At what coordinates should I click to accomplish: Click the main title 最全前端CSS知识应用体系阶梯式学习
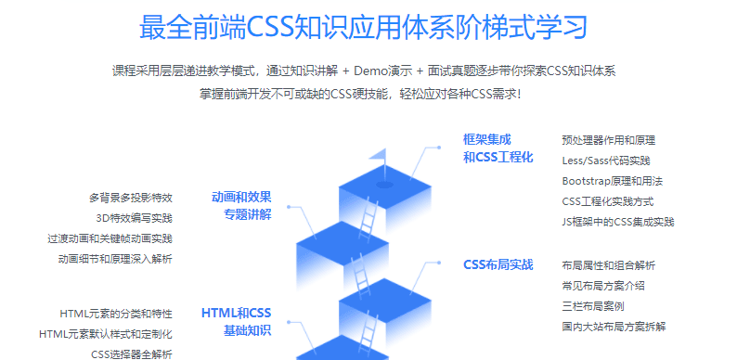click(363, 27)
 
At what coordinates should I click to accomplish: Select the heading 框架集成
click(486, 139)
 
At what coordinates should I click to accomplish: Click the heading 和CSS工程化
click(498, 158)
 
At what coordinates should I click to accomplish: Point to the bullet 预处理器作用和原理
click(608, 140)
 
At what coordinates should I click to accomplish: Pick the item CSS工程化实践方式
click(607, 201)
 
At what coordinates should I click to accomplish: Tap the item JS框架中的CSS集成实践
click(617, 222)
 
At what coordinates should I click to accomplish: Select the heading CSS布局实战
click(498, 264)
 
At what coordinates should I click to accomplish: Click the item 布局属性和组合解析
click(608, 265)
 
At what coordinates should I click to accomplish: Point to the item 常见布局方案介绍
click(602, 286)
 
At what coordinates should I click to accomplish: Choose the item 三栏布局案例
click(592, 306)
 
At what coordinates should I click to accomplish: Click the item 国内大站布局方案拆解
click(614, 327)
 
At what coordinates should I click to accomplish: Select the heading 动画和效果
click(241, 197)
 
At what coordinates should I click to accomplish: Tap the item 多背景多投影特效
click(131, 198)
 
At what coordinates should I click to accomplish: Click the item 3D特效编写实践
click(135, 218)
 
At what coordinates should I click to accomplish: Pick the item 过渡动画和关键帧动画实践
click(110, 238)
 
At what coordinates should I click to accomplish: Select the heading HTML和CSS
click(237, 313)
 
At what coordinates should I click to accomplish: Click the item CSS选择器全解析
click(131, 354)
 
